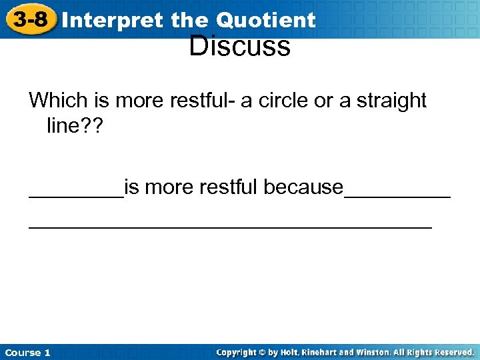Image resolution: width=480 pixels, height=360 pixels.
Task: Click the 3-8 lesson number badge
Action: point(31,19)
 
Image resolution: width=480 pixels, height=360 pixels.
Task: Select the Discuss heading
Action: point(239,47)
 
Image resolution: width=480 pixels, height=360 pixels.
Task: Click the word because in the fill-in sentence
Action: point(303,187)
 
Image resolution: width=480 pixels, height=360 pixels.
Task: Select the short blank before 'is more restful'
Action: point(76,195)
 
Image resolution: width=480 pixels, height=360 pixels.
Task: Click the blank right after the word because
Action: point(397,195)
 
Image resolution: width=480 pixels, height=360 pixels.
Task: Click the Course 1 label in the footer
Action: point(27,352)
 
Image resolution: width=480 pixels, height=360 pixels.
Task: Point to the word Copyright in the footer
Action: point(239,352)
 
